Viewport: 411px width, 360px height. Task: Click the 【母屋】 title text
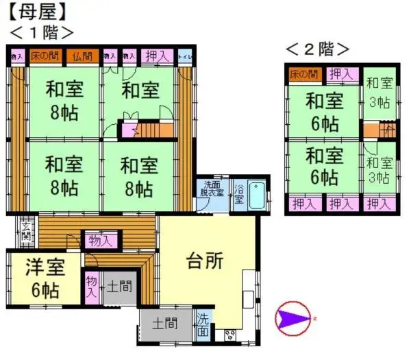[38, 11]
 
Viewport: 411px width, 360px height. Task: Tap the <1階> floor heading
[41, 32]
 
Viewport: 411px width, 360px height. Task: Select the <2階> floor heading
[317, 49]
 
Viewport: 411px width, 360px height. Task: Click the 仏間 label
[82, 56]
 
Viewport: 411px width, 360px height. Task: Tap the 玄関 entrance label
[26, 231]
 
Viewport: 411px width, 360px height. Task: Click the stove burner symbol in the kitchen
[229, 335]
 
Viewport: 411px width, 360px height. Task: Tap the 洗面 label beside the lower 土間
[203, 324]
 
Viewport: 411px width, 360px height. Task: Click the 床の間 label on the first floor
[45, 56]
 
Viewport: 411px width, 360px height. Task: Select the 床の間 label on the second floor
[303, 74]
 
